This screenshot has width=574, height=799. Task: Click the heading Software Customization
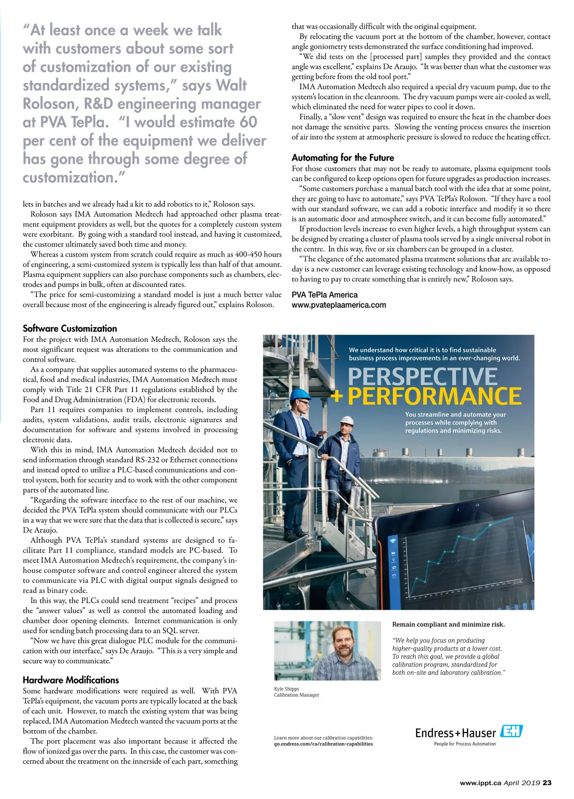70,328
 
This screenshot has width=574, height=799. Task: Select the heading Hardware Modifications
71,680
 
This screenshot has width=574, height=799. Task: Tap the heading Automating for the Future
342,158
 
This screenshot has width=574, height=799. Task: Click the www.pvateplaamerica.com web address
339,305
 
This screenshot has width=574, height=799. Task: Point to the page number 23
547,783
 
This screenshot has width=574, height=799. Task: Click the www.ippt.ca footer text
480,783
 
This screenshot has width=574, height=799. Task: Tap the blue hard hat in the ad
301,395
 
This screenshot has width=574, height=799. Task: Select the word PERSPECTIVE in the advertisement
422,377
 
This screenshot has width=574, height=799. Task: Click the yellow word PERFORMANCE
434,396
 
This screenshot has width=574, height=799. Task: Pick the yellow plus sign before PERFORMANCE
337,397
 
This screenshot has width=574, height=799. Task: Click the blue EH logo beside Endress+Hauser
511,731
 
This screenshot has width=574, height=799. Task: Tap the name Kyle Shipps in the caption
287,689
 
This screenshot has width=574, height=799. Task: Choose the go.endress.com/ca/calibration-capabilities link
323,744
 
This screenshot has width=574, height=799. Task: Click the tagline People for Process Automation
464,744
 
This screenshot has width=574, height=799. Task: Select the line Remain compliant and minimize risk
448,624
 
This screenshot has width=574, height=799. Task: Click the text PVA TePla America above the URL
324,295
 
